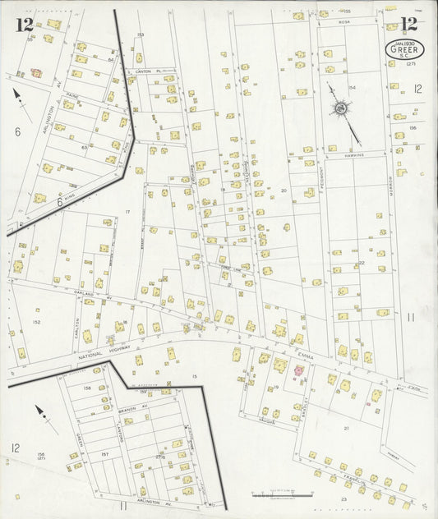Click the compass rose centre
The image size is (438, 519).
339,108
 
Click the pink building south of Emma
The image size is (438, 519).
298,371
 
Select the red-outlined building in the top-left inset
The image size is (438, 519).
36,72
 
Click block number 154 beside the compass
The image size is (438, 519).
352,87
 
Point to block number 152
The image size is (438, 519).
36,322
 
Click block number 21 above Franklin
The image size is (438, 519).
346,428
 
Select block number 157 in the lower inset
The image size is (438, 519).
104,453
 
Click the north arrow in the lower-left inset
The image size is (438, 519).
44,418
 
